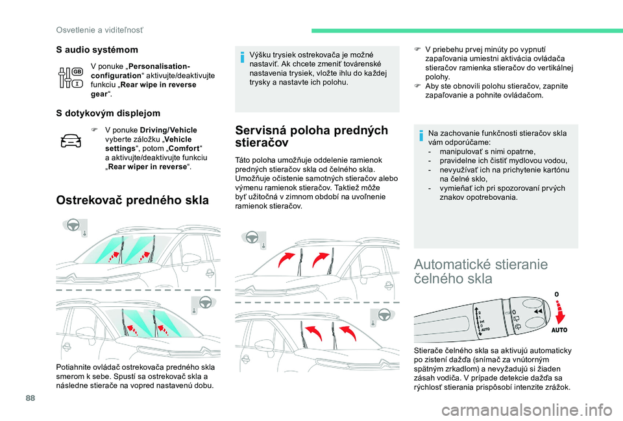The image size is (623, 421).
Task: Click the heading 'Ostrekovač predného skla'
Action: coord(132,199)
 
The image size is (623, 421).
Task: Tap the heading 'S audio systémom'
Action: coord(97,49)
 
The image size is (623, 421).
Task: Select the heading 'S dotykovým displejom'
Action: coord(108,113)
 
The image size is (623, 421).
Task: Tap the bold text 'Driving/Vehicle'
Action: coord(168,130)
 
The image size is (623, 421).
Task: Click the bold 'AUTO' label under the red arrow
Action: coord(559,330)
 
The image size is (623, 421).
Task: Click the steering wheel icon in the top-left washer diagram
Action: coord(74,226)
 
